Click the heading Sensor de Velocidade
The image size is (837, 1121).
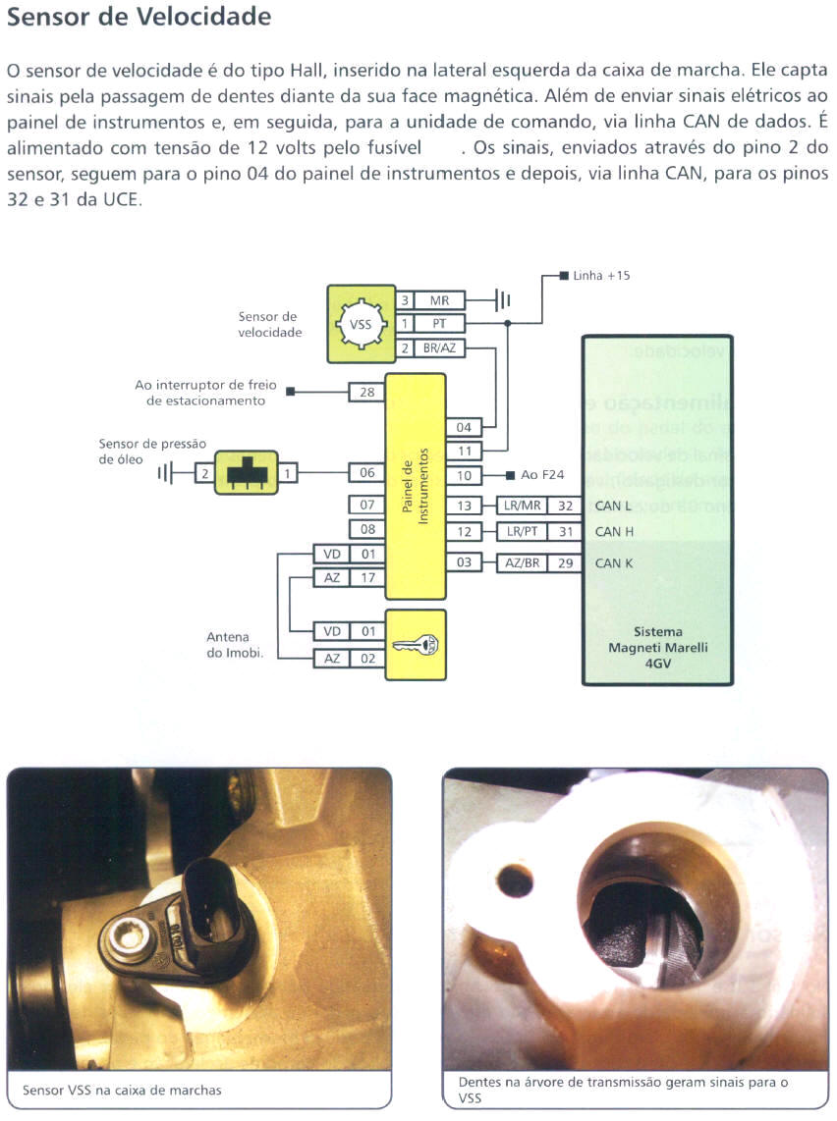click(139, 18)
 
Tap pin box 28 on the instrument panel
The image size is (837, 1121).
click(366, 393)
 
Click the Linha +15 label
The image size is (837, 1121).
click(601, 276)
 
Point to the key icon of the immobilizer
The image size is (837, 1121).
click(416, 645)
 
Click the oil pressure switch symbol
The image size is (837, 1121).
click(239, 473)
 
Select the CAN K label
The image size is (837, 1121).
click(614, 563)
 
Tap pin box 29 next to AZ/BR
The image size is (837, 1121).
click(565, 563)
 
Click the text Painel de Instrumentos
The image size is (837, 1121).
click(416, 487)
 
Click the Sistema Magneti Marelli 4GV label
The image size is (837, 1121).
click(657, 648)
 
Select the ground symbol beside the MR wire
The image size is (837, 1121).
click(502, 300)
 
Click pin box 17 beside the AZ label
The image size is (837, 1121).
click(367, 578)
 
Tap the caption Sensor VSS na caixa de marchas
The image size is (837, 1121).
click(122, 1090)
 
